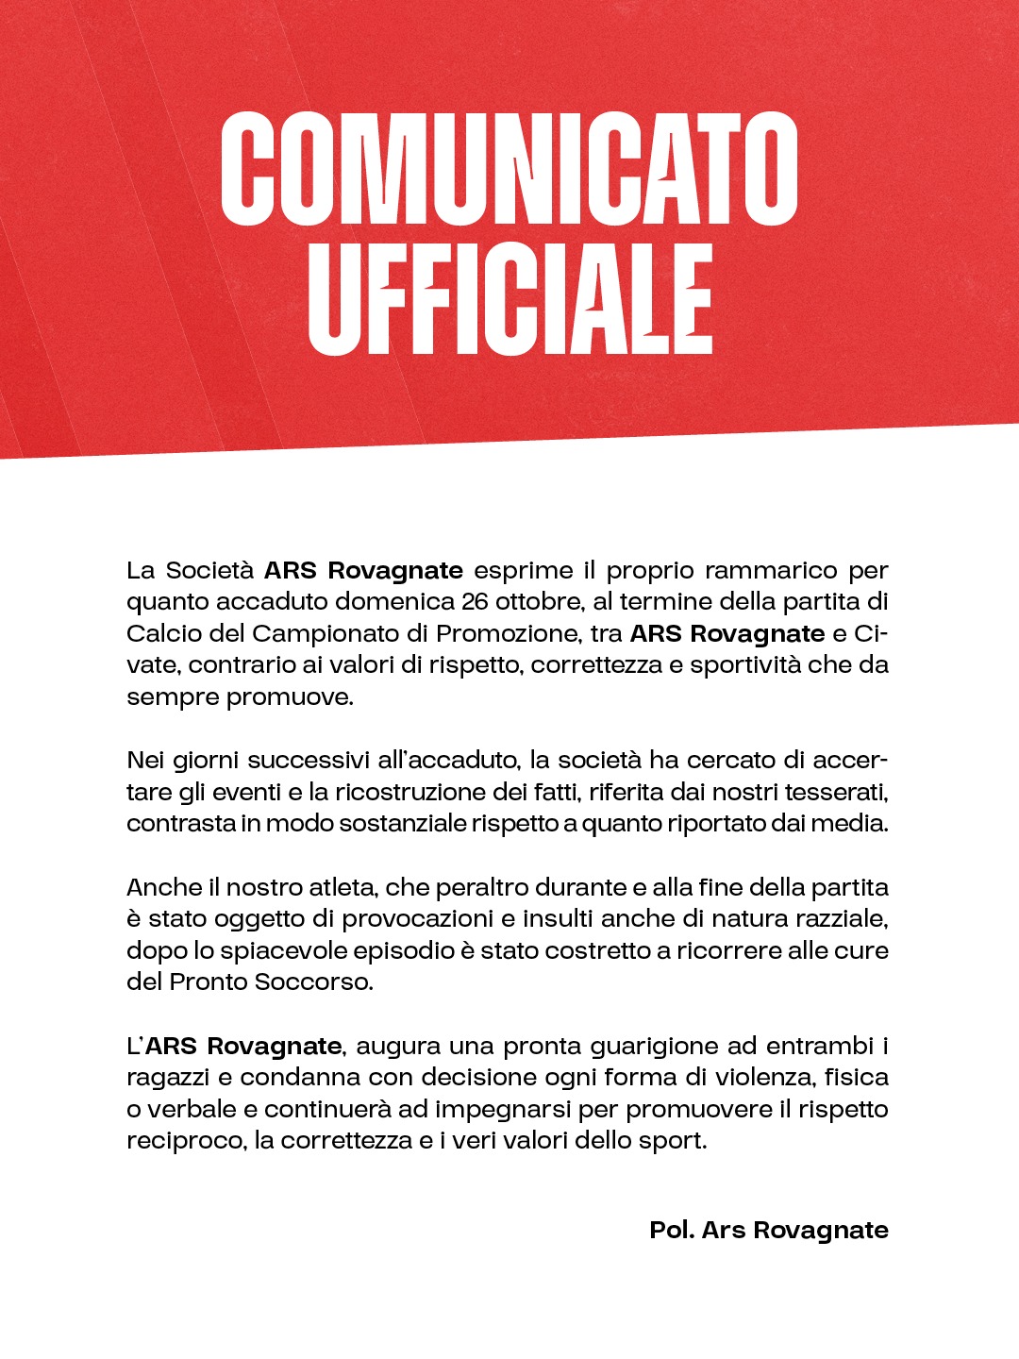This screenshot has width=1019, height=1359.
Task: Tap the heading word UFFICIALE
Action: (509, 299)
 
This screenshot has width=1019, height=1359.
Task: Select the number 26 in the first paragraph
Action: (476, 602)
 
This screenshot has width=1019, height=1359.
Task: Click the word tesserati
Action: (836, 792)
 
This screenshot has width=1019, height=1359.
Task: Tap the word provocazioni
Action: (417, 919)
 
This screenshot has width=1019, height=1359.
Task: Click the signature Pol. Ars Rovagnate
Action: (769, 1231)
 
